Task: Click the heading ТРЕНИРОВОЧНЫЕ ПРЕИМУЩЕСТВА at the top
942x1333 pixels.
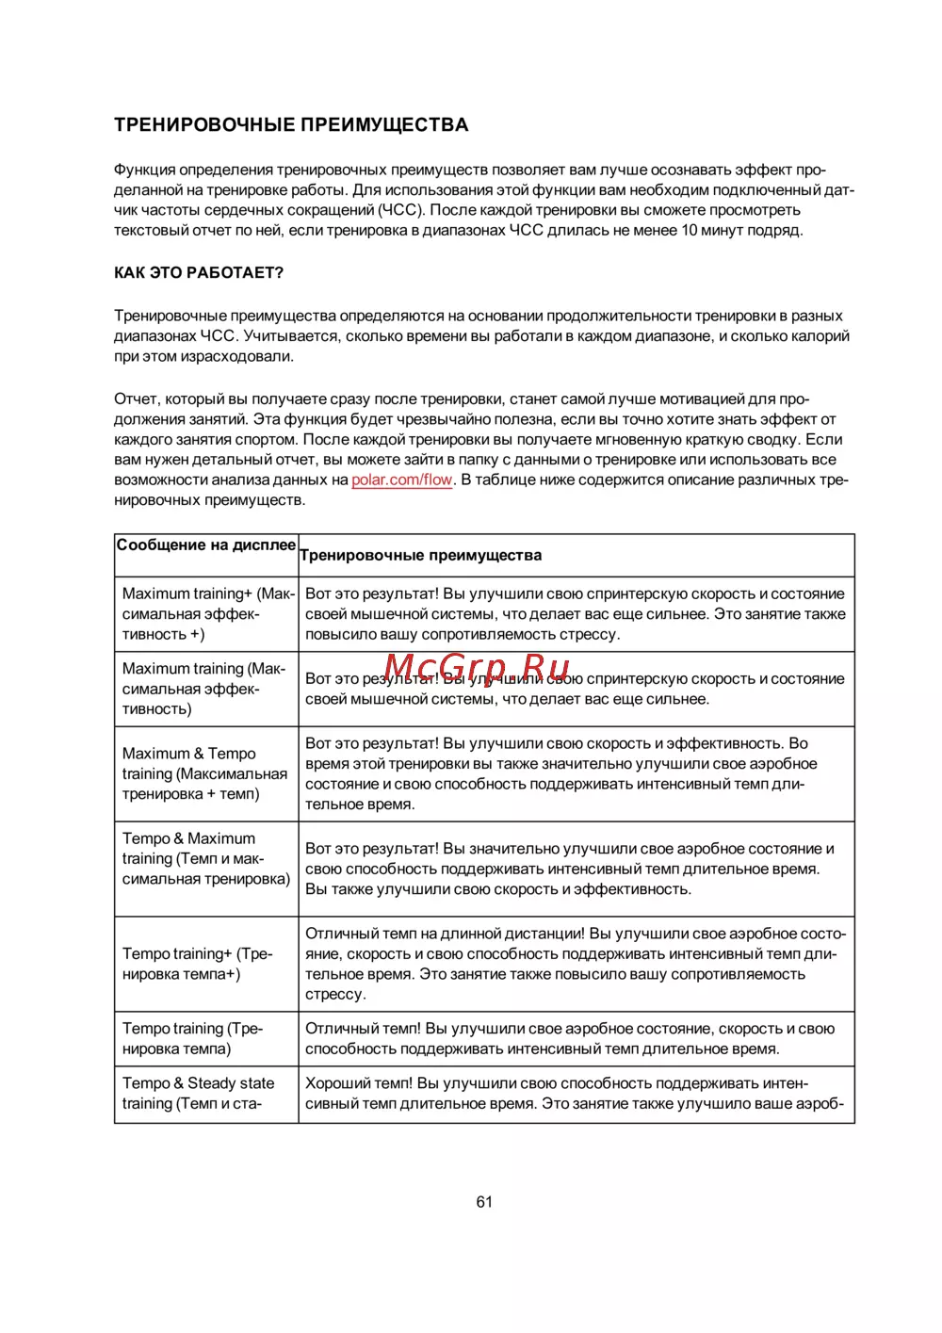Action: click(x=291, y=125)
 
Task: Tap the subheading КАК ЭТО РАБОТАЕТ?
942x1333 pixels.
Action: click(x=199, y=273)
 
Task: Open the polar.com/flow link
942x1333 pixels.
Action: click(x=402, y=480)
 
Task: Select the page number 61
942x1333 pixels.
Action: click(x=484, y=1202)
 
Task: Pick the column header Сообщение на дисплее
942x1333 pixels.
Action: click(x=206, y=545)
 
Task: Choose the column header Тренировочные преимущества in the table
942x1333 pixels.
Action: click(x=421, y=556)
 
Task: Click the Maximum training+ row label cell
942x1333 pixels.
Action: click(x=207, y=614)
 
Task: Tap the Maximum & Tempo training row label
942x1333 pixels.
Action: click(x=204, y=773)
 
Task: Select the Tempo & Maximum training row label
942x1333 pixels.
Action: click(x=205, y=858)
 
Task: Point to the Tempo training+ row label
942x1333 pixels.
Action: click(x=197, y=964)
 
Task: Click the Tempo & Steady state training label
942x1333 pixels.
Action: click(x=198, y=1094)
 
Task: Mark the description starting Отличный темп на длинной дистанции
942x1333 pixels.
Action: click(x=576, y=964)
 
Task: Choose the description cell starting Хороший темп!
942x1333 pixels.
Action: click(x=575, y=1094)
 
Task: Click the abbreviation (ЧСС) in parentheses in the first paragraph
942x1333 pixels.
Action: click(x=400, y=210)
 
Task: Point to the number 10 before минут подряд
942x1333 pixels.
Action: click(x=690, y=230)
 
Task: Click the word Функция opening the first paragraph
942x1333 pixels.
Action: click(x=144, y=171)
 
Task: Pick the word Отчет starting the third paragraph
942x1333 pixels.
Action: click(x=136, y=399)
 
